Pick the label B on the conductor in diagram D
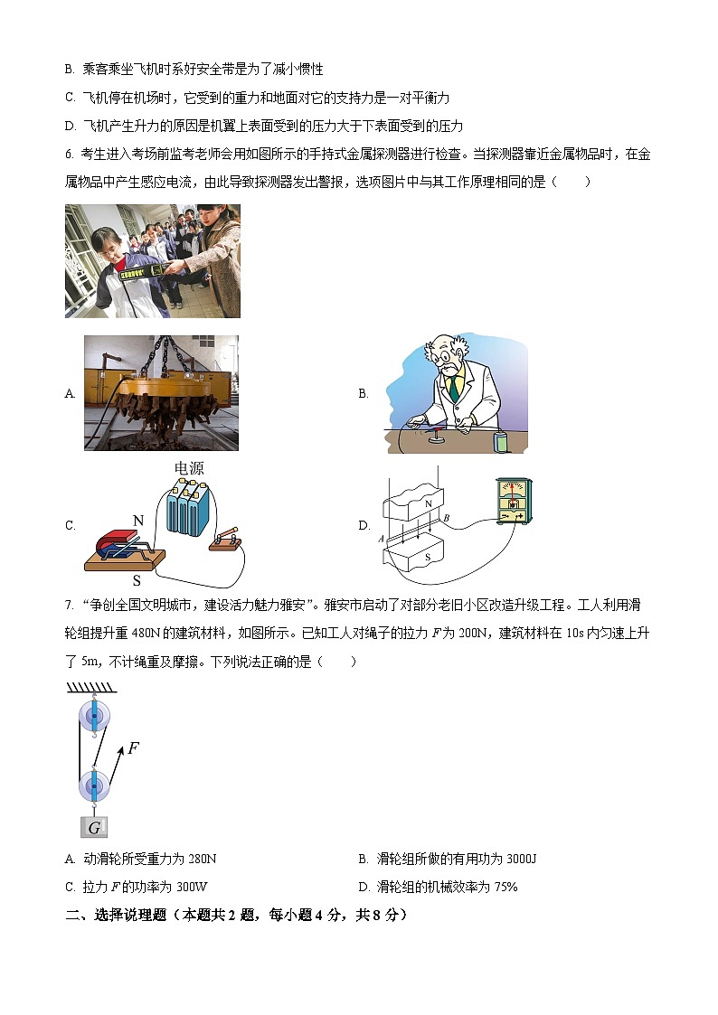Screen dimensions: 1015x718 pos(446,517)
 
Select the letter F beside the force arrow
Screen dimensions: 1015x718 pos(133,747)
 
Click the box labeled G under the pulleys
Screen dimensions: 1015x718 pos(94,826)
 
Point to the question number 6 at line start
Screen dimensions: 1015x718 pos(69,154)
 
